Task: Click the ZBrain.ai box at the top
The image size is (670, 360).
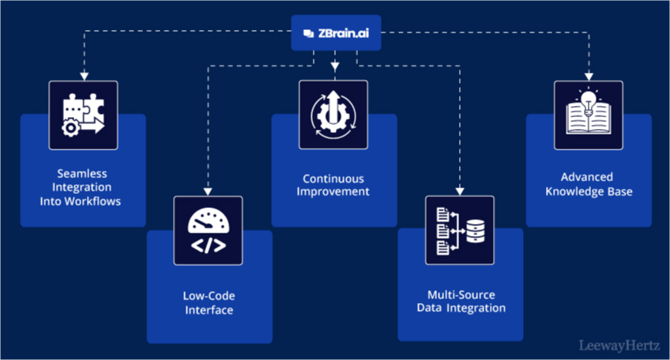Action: (x=335, y=32)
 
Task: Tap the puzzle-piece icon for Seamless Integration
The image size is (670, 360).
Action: (x=83, y=115)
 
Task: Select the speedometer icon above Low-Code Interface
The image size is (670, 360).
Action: (x=208, y=230)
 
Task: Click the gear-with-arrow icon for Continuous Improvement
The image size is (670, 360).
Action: (x=333, y=115)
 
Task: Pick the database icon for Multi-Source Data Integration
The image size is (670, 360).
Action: (x=460, y=230)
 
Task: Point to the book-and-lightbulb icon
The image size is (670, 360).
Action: (x=589, y=115)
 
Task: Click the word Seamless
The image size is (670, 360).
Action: (x=82, y=172)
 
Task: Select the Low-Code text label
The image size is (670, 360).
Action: (x=209, y=296)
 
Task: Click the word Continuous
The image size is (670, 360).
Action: (x=335, y=177)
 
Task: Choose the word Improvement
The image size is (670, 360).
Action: (x=335, y=191)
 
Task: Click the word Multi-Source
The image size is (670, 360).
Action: (x=461, y=293)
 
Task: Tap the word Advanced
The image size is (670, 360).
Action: (x=587, y=176)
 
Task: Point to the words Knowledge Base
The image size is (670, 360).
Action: (x=588, y=191)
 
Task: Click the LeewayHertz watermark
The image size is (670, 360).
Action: (x=619, y=347)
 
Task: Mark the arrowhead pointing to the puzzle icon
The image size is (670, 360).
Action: (x=83, y=75)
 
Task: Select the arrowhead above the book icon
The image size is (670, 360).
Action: (x=589, y=75)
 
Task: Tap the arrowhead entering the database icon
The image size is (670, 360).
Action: (x=460, y=191)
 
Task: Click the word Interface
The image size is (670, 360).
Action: (x=209, y=310)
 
